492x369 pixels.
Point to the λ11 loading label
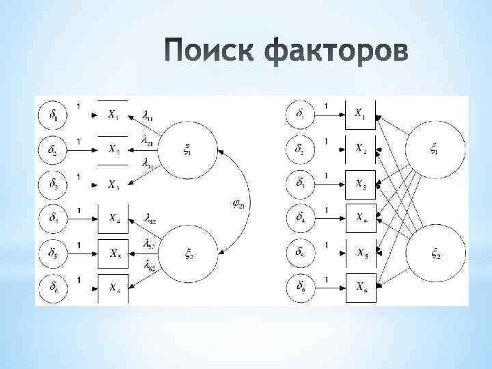(148, 115)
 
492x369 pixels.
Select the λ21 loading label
(148, 141)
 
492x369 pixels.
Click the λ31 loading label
(148, 164)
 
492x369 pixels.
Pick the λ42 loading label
(150, 219)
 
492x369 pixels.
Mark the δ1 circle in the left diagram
(53, 115)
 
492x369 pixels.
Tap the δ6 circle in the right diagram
(301, 286)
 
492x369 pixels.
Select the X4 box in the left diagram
(115, 219)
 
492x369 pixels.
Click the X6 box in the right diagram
(360, 286)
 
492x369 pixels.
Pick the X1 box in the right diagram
(360, 115)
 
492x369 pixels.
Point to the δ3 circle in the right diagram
(301, 184)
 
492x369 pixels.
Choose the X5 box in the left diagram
(115, 252)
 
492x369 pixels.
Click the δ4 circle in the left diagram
(53, 219)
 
